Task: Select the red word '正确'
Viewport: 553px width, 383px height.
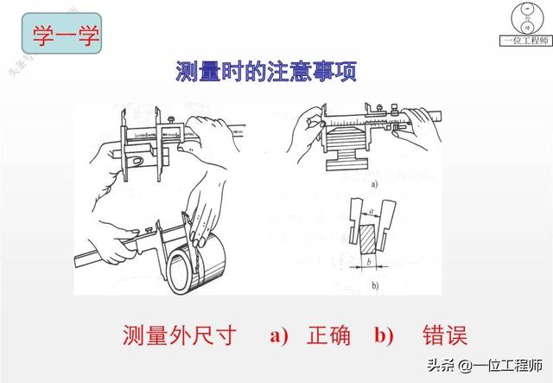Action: pyautogui.click(x=328, y=335)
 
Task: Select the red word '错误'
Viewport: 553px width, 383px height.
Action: pyautogui.click(x=445, y=335)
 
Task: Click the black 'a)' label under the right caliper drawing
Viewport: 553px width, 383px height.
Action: pyautogui.click(x=374, y=184)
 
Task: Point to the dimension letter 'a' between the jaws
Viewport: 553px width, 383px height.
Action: pyautogui.click(x=373, y=208)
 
